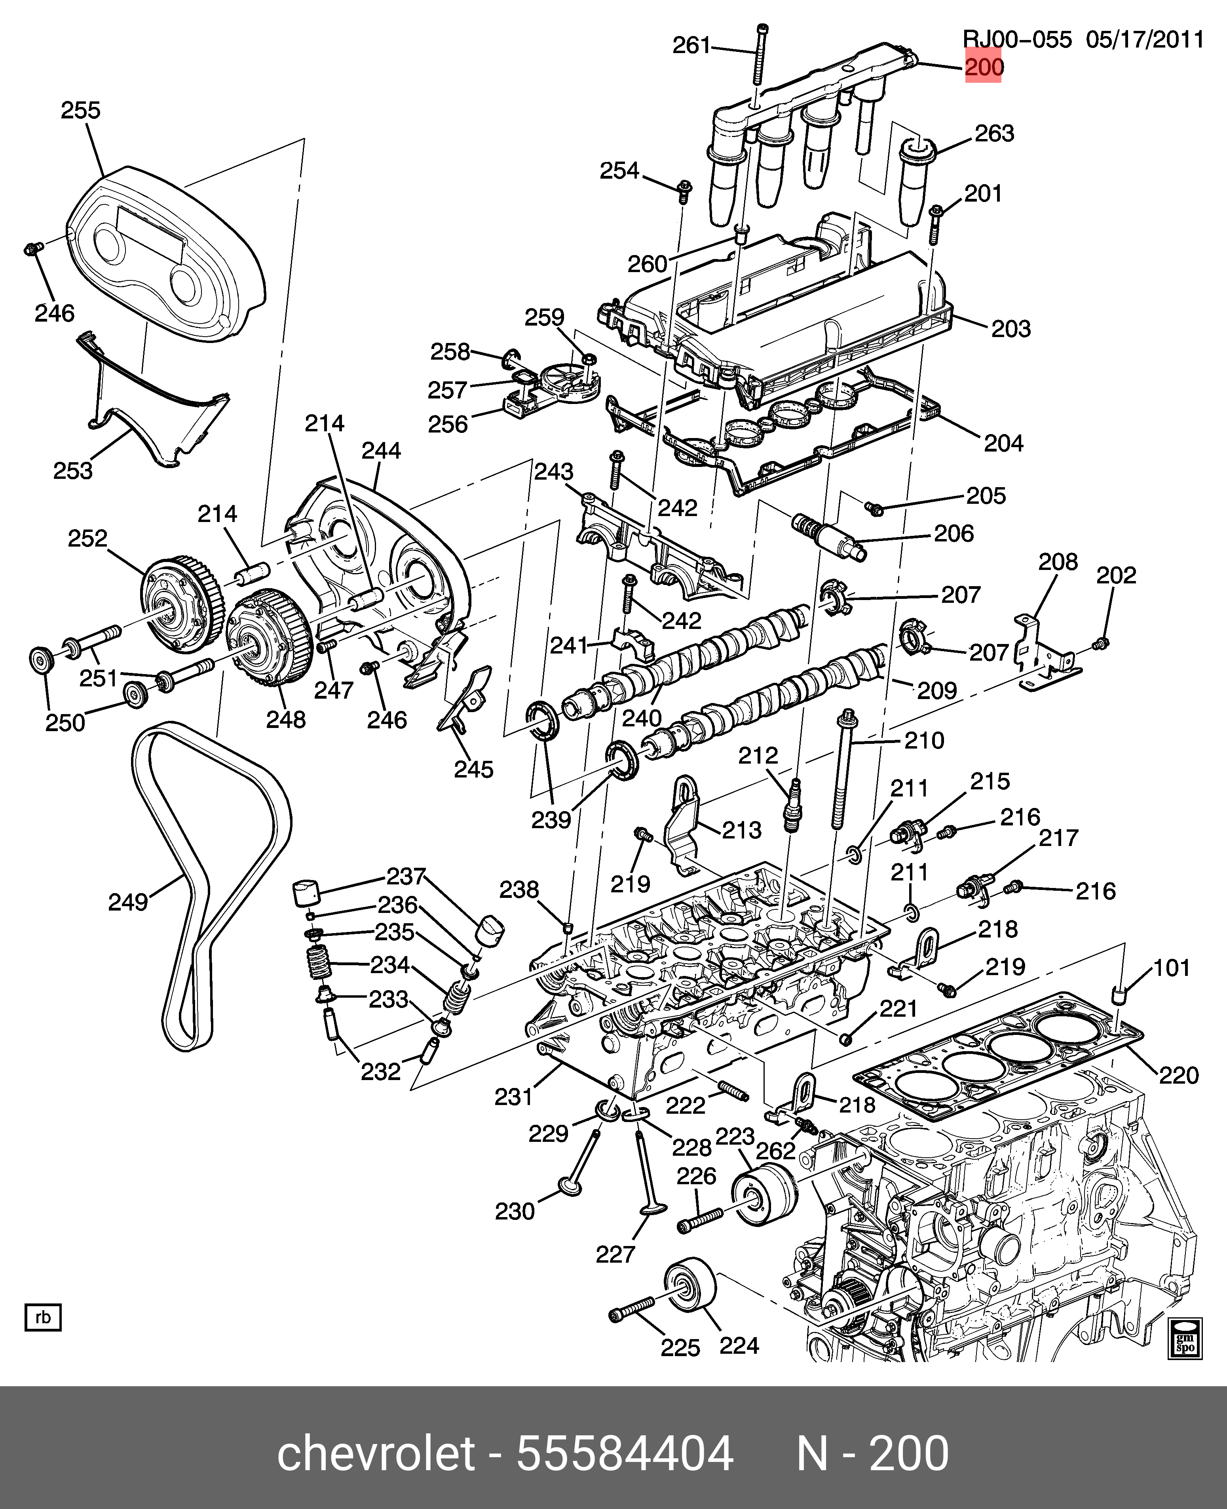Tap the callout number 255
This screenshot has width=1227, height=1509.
[x=81, y=111]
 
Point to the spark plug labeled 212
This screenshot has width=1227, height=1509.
[x=792, y=806]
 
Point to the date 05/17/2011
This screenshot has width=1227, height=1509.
[x=1145, y=40]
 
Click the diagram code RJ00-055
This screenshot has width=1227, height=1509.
[x=1018, y=40]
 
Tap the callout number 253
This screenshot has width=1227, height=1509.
[x=73, y=471]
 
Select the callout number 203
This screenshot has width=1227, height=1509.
[x=1011, y=329]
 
